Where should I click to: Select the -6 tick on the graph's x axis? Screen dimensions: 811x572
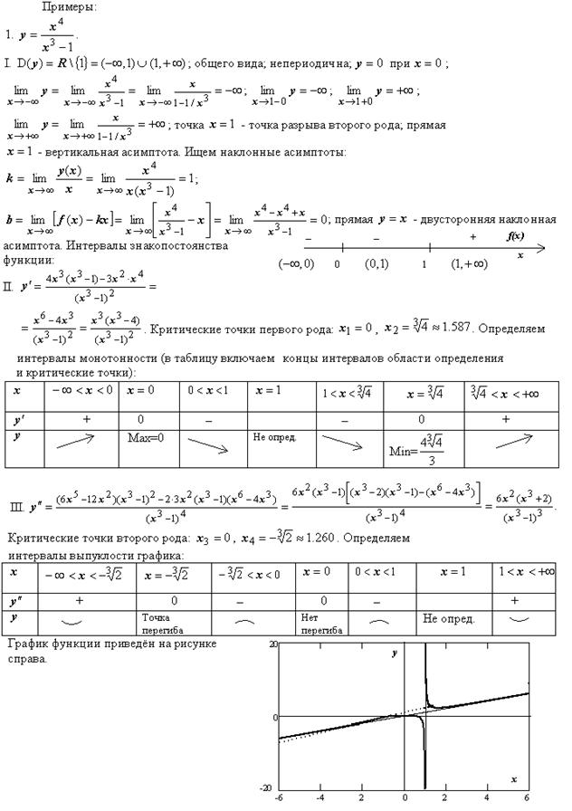280,799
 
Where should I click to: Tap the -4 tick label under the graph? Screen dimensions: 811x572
320,799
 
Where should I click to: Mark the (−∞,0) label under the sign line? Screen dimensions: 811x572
296,264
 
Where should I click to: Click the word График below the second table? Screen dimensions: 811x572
27,644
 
